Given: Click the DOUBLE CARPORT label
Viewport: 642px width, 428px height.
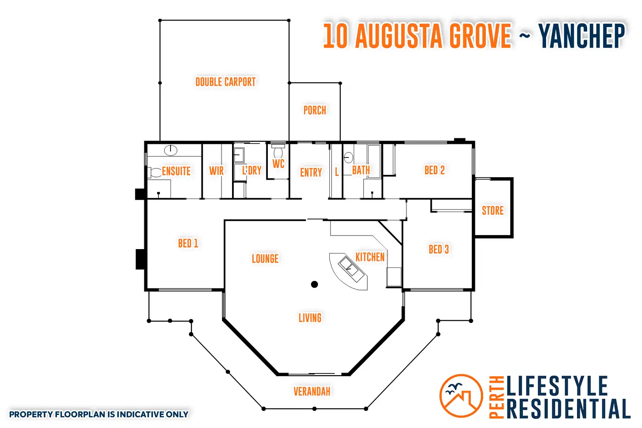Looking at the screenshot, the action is [x=225, y=82].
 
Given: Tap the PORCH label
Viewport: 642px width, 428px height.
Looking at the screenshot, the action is [x=314, y=110].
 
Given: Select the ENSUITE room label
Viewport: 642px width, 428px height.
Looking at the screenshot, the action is [x=176, y=171].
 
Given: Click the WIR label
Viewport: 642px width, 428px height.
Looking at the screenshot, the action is [x=216, y=171].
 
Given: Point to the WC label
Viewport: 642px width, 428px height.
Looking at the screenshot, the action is [x=278, y=164].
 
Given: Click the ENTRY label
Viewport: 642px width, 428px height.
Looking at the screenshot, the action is [x=311, y=173].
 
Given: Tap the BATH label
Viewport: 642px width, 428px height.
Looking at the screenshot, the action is [x=361, y=170].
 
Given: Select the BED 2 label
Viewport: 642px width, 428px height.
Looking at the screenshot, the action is [x=434, y=170].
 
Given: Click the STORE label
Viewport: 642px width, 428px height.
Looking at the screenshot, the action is [x=492, y=211].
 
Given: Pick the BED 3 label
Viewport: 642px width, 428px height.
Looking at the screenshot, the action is [x=438, y=250].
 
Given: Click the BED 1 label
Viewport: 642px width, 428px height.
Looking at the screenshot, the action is [x=188, y=243].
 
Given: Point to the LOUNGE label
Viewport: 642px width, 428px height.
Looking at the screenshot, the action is [x=265, y=259].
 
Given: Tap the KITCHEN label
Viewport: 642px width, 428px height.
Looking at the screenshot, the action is [x=370, y=257].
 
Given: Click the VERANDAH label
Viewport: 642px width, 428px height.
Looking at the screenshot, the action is [x=311, y=391].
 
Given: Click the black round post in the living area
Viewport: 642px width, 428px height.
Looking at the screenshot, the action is [x=314, y=284].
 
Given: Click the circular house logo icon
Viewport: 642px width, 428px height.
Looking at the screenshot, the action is [x=461, y=396].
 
